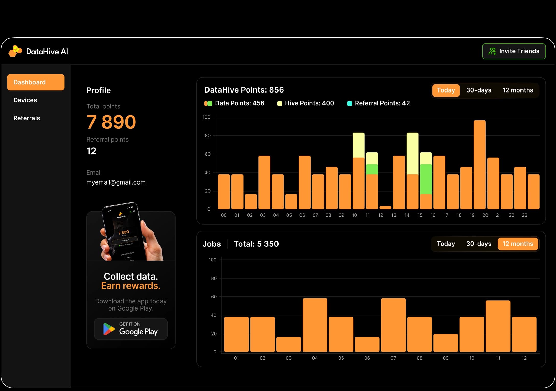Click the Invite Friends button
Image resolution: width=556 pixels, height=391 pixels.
tap(514, 51)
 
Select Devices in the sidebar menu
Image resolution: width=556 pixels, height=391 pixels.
tap(25, 100)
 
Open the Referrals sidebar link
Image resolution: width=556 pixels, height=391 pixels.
tap(27, 118)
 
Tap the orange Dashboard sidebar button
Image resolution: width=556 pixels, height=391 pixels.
tap(36, 82)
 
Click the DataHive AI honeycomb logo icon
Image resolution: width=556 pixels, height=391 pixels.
tap(15, 51)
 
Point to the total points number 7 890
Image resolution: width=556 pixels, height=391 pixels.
tap(111, 122)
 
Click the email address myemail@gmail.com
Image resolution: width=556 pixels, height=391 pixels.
tap(116, 182)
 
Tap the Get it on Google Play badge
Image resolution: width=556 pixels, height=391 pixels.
tap(131, 329)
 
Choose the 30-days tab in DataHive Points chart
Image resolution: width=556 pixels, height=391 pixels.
tap(479, 90)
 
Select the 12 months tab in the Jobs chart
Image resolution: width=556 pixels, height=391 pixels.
tap(518, 244)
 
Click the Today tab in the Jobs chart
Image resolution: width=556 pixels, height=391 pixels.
tap(446, 244)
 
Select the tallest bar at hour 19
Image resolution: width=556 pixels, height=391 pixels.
tap(480, 165)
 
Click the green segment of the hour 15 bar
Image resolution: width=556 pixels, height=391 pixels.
tap(426, 179)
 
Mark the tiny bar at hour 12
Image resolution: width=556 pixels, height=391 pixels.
tap(385, 208)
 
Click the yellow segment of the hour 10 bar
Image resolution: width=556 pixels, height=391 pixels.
tap(358, 145)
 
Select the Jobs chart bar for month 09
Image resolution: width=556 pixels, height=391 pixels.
tap(446, 343)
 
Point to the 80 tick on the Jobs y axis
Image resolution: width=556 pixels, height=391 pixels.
tap(214, 278)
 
